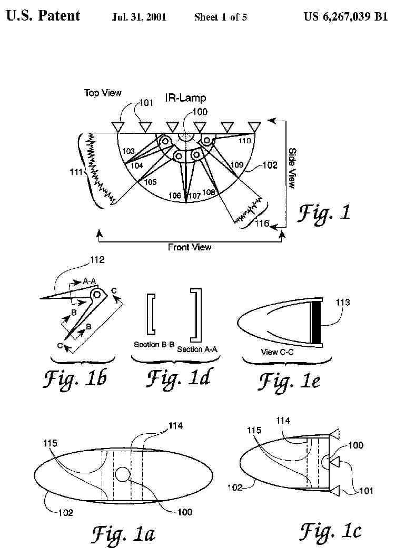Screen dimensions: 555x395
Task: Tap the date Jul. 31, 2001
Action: [139, 17]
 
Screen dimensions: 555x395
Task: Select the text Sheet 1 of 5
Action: [220, 17]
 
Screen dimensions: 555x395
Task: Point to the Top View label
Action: [103, 93]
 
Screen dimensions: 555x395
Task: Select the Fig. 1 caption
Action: [324, 213]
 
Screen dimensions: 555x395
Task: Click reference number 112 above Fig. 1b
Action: [97, 259]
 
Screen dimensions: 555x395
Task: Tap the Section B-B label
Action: [154, 344]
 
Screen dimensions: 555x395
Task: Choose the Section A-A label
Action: [197, 349]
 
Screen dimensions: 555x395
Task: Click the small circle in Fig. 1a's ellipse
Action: [123, 474]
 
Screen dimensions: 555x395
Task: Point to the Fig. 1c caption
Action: [331, 531]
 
